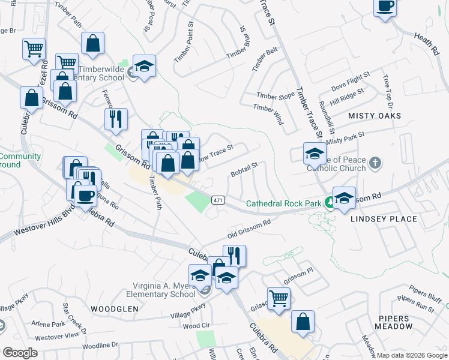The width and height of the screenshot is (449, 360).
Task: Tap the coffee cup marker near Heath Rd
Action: pyautogui.click(x=384, y=7)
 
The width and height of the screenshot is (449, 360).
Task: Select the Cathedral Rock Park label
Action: pyautogui.click(x=285, y=203)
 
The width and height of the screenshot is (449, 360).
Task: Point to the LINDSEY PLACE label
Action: pyautogui.click(x=384, y=219)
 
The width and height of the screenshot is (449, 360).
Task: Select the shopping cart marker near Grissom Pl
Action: pyautogui.click(x=279, y=298)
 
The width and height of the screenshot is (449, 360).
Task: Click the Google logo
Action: pyautogui.click(x=20, y=353)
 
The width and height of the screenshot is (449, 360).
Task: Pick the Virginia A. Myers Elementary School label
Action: pyautogui.click(x=161, y=290)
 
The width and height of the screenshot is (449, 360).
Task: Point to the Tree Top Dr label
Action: pyautogui.click(x=387, y=90)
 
